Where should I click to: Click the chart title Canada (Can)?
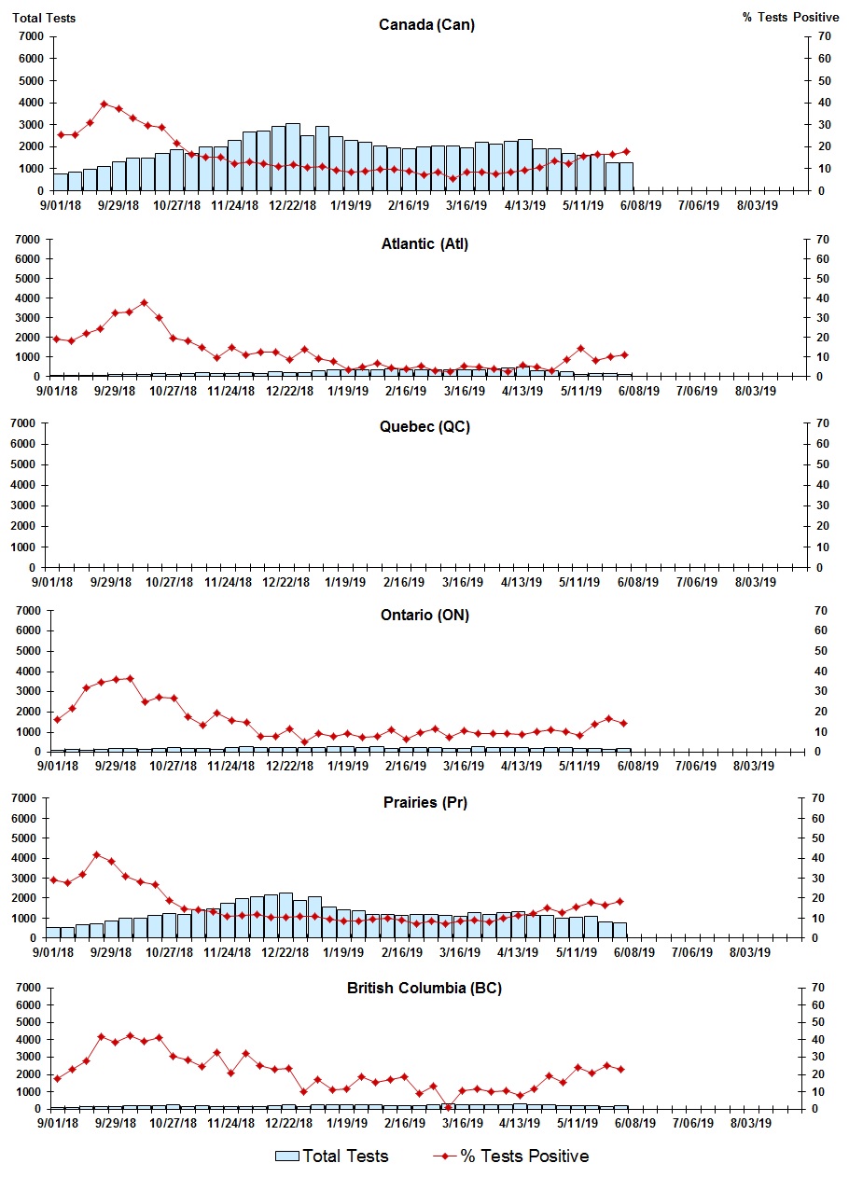point(426,24)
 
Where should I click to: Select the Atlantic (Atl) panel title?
point(424,244)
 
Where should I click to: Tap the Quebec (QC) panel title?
point(424,426)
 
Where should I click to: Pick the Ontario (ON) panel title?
point(424,615)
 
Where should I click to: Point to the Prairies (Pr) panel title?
point(424,802)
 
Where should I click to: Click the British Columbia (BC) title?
point(424,988)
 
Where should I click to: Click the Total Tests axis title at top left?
point(44,18)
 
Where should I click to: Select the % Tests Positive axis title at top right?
point(792,18)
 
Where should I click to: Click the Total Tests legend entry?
point(332,1156)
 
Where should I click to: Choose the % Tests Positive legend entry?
point(511,1156)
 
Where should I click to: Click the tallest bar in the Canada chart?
point(293,157)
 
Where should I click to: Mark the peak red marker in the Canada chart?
point(104,104)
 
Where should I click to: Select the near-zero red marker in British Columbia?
point(448,1107)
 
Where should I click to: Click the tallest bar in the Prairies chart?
point(285,915)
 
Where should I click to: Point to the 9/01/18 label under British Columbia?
point(57,1125)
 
